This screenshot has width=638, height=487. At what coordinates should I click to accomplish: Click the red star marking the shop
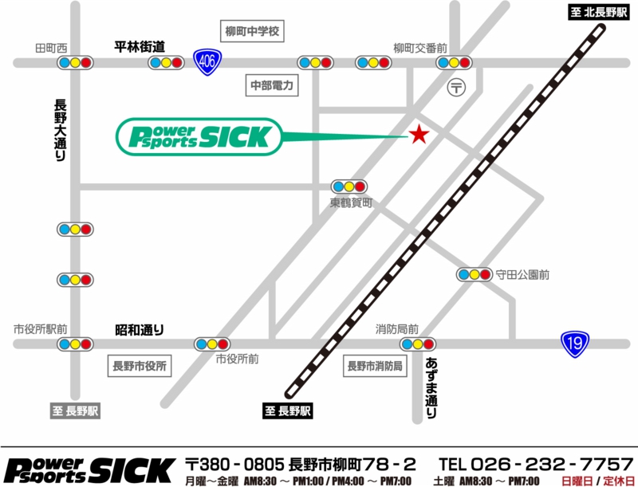417,134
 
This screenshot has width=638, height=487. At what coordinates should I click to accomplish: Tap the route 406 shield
206,61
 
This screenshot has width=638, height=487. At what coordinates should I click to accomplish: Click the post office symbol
456,87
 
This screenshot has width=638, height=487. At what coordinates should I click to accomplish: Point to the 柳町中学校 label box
252,33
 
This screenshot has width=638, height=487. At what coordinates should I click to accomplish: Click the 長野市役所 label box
140,367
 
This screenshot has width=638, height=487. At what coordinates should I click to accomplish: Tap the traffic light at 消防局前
418,344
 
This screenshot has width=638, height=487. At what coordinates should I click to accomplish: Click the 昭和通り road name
140,328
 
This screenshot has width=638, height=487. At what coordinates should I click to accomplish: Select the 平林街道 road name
140,46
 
